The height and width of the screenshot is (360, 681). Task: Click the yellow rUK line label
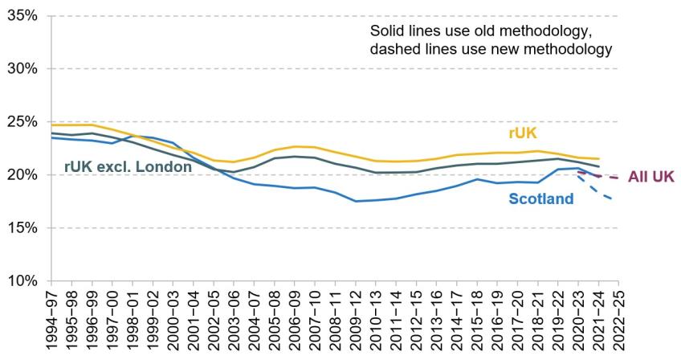[x=523, y=133]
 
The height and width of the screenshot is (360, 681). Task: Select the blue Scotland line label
[x=540, y=198]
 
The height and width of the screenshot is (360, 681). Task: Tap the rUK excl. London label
[x=128, y=166]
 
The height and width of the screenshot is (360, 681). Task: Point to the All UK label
[x=651, y=177]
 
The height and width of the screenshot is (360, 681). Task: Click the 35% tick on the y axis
[x=22, y=16]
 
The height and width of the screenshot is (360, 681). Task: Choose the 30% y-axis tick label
[x=22, y=68]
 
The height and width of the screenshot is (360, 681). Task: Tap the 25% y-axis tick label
[x=22, y=121]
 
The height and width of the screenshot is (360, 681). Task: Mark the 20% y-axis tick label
[x=22, y=175]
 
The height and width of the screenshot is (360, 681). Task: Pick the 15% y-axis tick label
[x=22, y=228]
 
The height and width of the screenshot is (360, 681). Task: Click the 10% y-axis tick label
[x=22, y=281]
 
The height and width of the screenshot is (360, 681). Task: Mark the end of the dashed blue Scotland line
[x=614, y=199]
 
